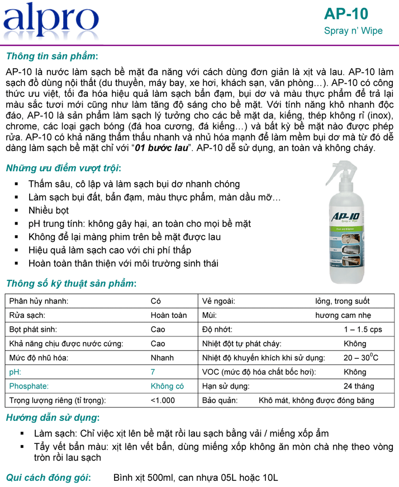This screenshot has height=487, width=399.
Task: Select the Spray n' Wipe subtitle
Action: pos(353,31)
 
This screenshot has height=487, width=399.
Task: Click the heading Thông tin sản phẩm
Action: pos(51,56)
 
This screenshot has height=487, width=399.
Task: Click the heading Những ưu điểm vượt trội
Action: pos(63,168)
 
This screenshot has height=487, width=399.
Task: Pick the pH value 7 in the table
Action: pos(153,372)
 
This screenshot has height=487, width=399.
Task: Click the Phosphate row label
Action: pos(29,386)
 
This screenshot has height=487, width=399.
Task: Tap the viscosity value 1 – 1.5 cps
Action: pos(363,330)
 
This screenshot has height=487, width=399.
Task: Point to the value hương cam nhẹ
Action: pos(343,316)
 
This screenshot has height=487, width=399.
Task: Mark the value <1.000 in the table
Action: pos(163,400)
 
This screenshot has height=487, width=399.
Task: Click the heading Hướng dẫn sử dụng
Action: pos(53,418)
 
